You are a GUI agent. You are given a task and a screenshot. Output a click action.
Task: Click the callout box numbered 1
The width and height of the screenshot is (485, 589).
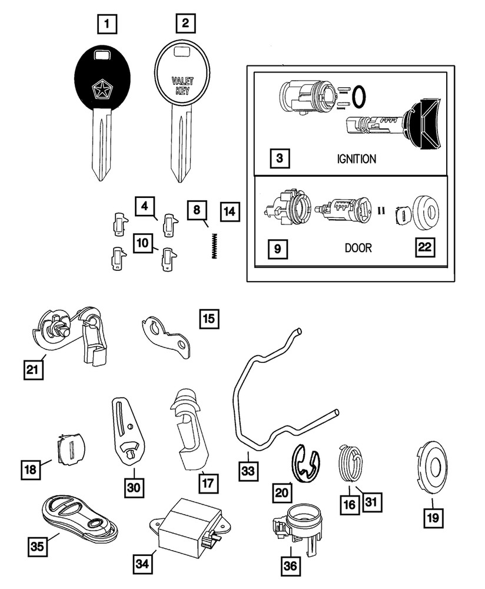(x=107, y=25)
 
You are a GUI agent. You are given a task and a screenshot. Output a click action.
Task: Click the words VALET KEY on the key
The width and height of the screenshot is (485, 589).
(x=182, y=84)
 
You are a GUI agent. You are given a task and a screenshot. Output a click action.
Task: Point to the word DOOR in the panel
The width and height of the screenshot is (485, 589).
(x=358, y=248)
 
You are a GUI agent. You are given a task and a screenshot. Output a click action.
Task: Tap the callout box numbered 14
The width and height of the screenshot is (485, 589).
(x=230, y=210)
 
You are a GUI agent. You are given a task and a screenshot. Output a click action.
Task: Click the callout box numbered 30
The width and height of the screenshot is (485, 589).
(x=135, y=487)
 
